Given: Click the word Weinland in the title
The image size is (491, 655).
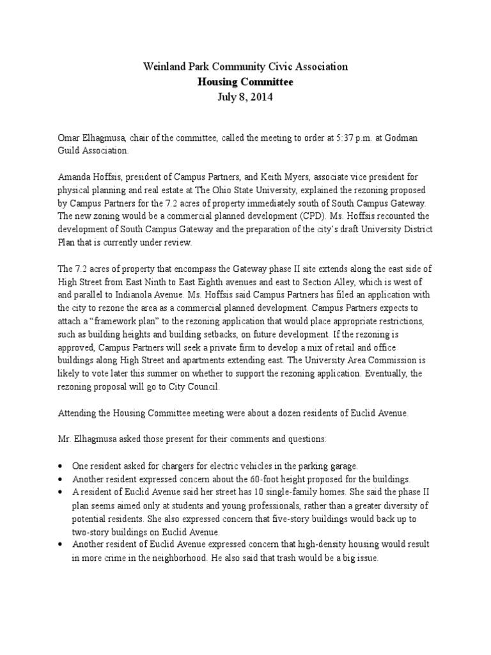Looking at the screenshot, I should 163,67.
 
